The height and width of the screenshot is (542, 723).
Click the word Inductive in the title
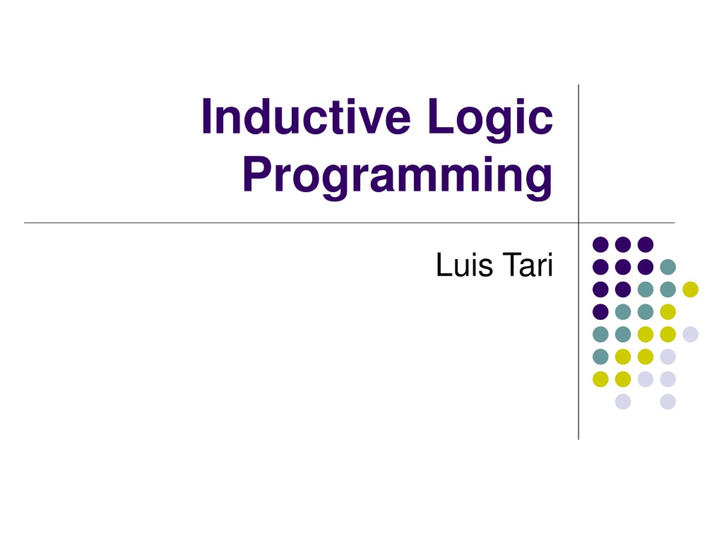pos(305,117)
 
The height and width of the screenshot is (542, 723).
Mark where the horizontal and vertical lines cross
pos(578,223)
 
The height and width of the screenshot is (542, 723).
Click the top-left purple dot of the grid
pos(600,244)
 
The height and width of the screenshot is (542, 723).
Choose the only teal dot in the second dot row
pos(668,267)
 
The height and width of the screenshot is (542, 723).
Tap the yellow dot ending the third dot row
pos(690,289)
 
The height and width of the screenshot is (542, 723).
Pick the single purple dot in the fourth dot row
pos(600,312)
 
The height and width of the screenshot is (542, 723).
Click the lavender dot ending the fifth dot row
pos(690,334)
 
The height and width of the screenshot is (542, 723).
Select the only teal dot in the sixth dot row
pos(600,357)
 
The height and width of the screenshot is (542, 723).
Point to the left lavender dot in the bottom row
pos(623,401)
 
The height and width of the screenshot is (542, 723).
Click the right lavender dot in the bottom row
pos(668,401)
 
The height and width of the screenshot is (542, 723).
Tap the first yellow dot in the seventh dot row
pos(600,379)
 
